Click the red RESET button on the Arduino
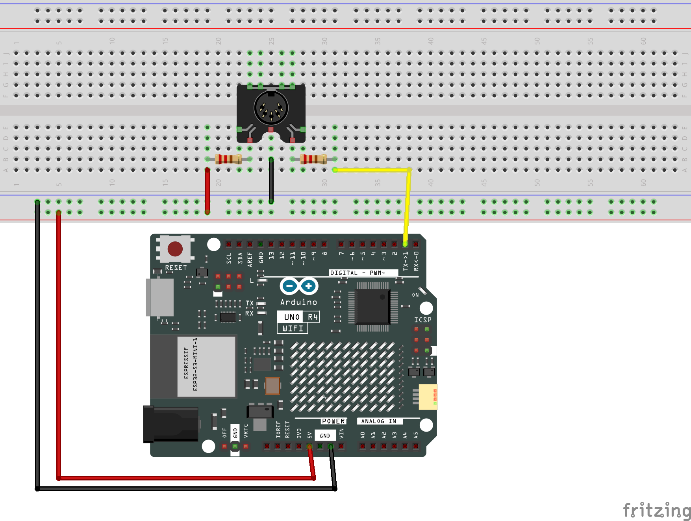[x=175, y=249]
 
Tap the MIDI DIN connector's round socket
[x=271, y=108]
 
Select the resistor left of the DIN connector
[x=228, y=159]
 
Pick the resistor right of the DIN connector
[x=313, y=159]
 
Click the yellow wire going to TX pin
[x=408, y=205]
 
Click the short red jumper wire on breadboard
[x=207, y=191]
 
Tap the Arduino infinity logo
[x=299, y=286]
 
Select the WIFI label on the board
[x=293, y=328]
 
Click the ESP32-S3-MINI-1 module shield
[x=206, y=366]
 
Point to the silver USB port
[x=160, y=297]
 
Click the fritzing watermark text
[x=656, y=510]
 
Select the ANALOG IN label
[x=379, y=421]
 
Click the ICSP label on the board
[x=422, y=320]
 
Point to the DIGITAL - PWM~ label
[x=358, y=273]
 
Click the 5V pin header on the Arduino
[x=309, y=446]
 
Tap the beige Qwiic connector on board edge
[x=428, y=397]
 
